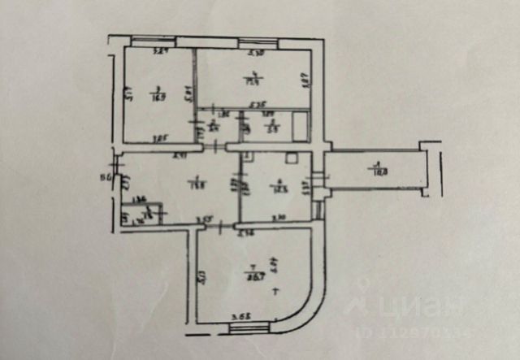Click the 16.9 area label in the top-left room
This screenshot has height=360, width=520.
[x=158, y=95]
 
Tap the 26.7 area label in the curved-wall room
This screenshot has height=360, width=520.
[x=253, y=274]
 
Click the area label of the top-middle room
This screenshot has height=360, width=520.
[x=252, y=79]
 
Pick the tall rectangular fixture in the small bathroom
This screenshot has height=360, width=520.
[x=301, y=127]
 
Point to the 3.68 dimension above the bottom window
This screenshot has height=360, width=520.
[x=239, y=316]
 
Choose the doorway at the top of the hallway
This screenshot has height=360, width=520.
[x=214, y=147]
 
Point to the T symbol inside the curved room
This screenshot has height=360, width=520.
[x=277, y=290]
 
